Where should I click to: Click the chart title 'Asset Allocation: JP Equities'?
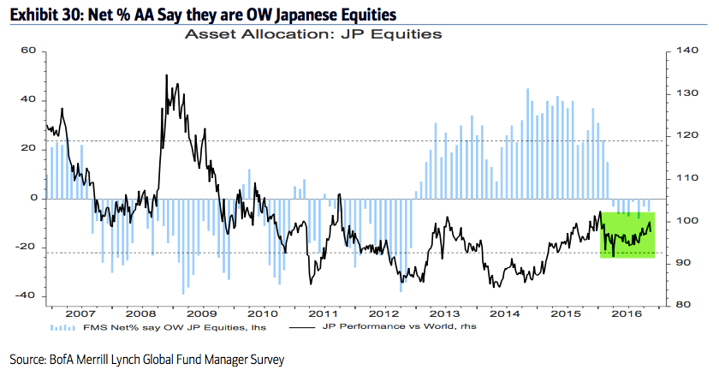click(313, 36)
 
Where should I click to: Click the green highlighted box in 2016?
click(627, 234)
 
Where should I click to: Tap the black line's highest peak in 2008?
click(165, 75)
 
